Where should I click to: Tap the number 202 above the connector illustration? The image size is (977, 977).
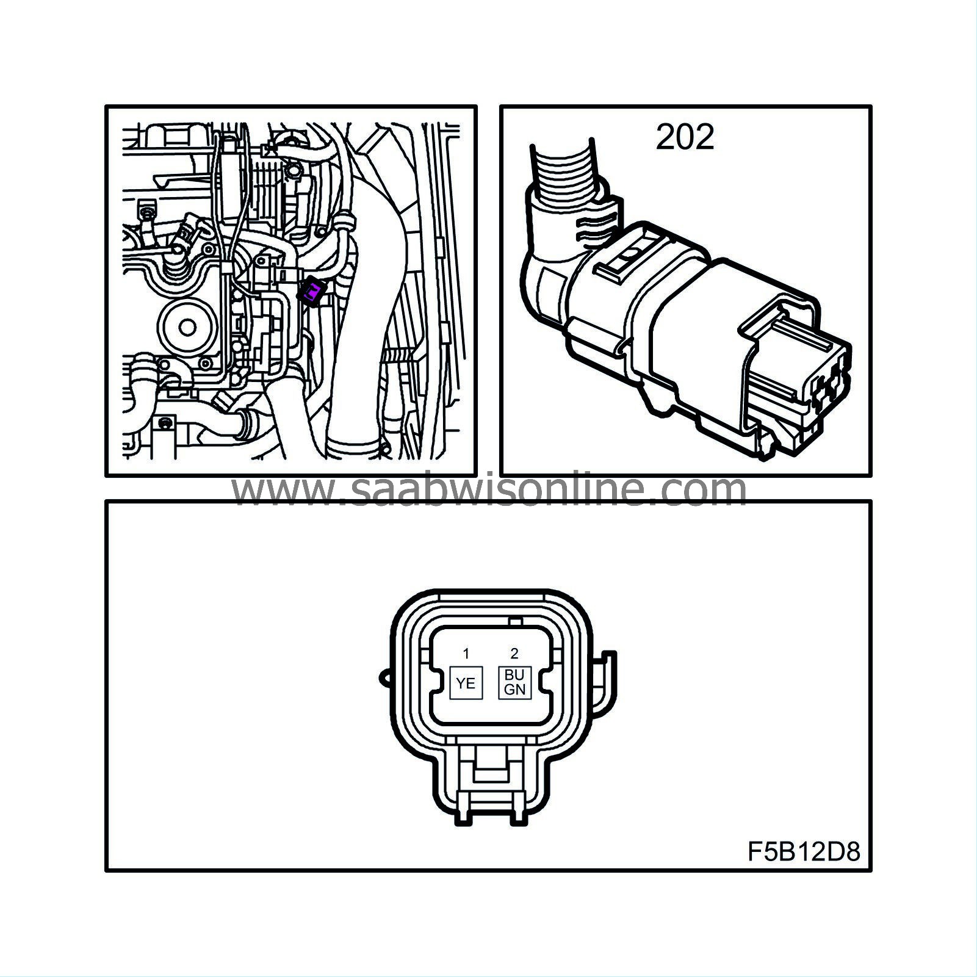tap(685, 137)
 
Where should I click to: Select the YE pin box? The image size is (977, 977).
tap(466, 683)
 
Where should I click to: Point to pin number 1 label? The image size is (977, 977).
tap(466, 654)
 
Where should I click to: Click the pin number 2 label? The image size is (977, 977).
tap(514, 654)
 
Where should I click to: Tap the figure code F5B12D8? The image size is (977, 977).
tap(804, 851)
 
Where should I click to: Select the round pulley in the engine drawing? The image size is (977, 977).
tap(187, 326)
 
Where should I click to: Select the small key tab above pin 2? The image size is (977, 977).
tap(514, 622)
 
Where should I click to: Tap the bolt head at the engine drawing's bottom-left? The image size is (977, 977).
tap(164, 423)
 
